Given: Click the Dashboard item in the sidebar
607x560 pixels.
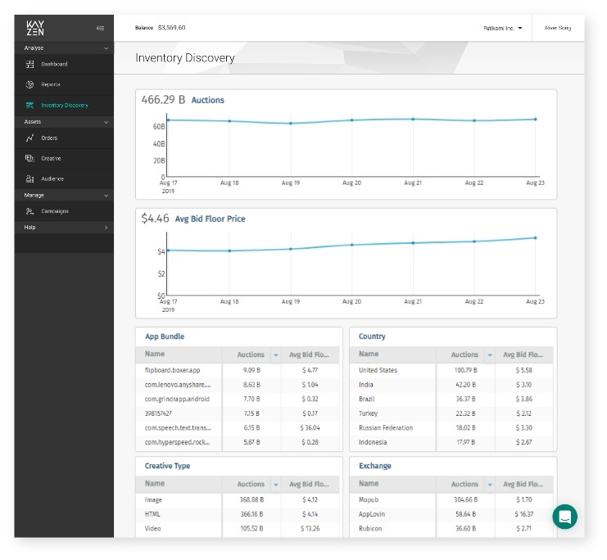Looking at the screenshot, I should pos(54,64).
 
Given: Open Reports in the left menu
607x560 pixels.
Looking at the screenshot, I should pos(51,84).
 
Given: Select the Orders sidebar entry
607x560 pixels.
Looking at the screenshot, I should pos(50,138).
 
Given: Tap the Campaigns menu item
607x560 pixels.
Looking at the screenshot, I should pos(55,211).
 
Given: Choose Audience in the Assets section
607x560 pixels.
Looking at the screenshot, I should pos(52,178).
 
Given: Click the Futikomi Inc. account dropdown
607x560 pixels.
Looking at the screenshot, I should pos(502,28).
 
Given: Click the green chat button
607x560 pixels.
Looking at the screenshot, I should pos(564,516).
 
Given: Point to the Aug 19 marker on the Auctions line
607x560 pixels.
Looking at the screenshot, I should pos(290,124).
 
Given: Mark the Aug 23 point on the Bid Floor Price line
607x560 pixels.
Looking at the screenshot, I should pos(535,238).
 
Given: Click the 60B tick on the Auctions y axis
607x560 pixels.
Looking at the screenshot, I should pos(159,127).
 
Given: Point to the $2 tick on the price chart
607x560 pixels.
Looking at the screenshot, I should pos(161,273).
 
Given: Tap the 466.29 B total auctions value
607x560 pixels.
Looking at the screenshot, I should pos(163,100).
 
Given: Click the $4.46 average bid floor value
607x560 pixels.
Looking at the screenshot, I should pos(155,219).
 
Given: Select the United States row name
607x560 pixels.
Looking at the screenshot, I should pos(378,370).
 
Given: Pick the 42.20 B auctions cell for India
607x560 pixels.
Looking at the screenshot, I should pos(464,385).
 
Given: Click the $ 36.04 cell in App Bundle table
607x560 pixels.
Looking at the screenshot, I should pos(310,427).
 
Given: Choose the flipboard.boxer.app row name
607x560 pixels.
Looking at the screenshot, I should pos(172,370).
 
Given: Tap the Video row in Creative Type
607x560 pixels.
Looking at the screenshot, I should pos(154,528).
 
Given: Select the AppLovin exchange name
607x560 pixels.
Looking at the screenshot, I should pos(373,513).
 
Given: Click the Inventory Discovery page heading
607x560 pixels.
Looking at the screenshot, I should pos(185,58).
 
